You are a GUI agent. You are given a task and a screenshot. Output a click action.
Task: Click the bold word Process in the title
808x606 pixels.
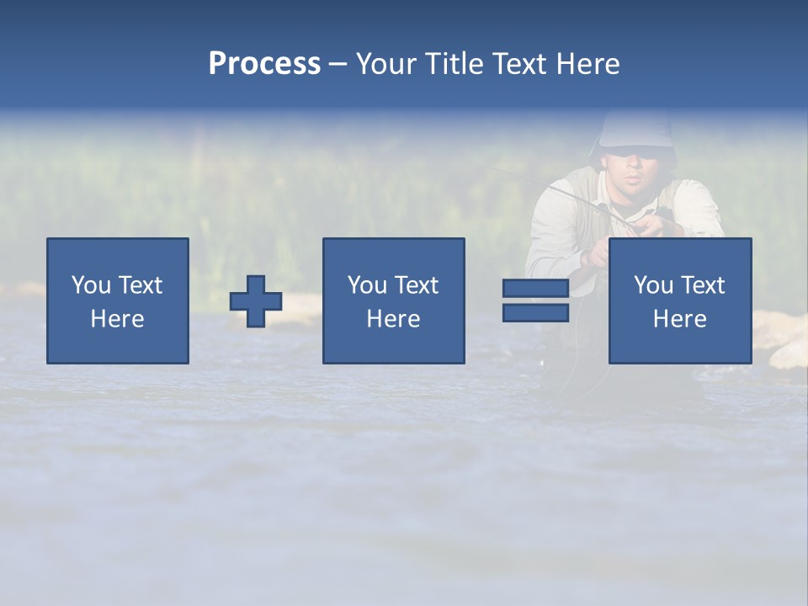click(264, 64)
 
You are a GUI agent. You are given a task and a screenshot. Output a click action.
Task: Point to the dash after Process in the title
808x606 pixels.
click(338, 65)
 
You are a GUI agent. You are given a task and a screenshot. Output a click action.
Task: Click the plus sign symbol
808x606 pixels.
click(256, 301)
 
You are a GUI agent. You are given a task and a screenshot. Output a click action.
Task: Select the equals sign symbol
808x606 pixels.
click(535, 300)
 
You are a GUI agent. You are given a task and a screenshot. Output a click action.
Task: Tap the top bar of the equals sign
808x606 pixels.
click(535, 289)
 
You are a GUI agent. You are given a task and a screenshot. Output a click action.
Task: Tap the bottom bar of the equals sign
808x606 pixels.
click(535, 312)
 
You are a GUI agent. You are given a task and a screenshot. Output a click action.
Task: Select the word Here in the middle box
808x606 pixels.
click(394, 319)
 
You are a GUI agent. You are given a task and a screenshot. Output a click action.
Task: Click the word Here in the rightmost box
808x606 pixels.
click(680, 319)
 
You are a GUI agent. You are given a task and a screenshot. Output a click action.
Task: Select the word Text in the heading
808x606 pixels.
click(518, 64)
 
